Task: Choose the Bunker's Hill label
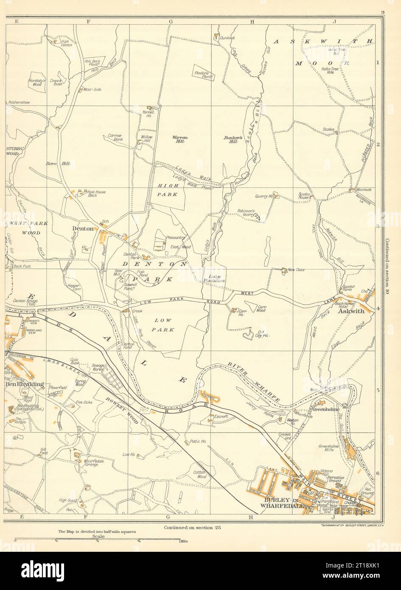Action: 231,139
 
